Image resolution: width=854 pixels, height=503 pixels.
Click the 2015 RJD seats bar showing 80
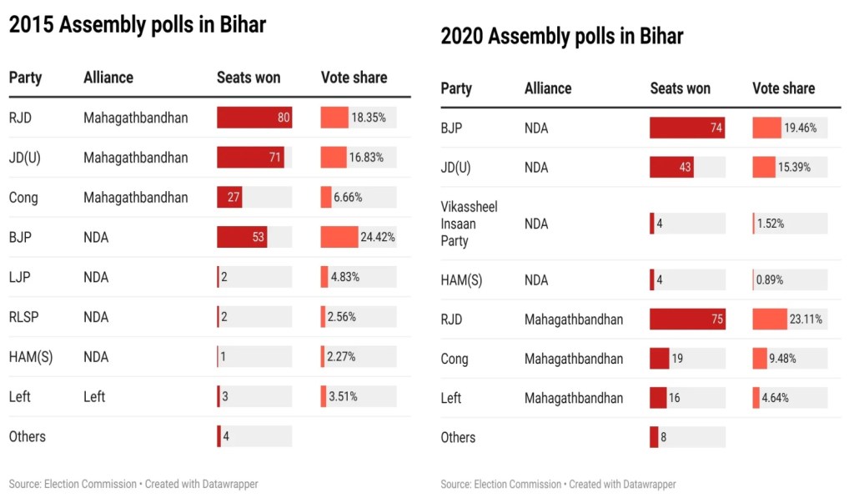pos(254,118)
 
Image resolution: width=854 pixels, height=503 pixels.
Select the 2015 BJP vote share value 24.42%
pos(378,237)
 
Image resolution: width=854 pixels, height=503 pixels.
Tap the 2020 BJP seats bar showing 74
pos(687,128)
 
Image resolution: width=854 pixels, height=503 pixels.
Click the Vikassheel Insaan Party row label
pos(469,224)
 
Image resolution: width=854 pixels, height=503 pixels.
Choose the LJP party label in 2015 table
pos(20,277)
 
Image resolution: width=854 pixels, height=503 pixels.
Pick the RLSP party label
pos(24,317)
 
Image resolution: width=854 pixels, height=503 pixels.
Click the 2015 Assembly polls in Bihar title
pos(138,25)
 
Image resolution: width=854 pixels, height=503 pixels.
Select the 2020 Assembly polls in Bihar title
pos(562,37)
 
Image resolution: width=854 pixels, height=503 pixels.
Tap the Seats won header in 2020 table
pos(680,88)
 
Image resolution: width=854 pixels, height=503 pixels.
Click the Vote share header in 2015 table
pos(354,78)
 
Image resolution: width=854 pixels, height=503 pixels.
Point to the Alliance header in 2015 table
pos(108,78)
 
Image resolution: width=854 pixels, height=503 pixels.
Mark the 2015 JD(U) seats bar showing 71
pos(250,158)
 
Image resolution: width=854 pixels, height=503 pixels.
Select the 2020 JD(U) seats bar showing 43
pos(671,168)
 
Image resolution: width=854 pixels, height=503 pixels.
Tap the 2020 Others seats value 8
pos(664,437)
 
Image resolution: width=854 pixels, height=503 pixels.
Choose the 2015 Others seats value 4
pos(225,436)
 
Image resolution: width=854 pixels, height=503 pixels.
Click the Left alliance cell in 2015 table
pos(94,396)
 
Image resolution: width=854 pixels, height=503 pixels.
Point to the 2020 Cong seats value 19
pos(677,359)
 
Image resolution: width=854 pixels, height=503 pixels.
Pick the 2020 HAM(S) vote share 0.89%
pos(769,280)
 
